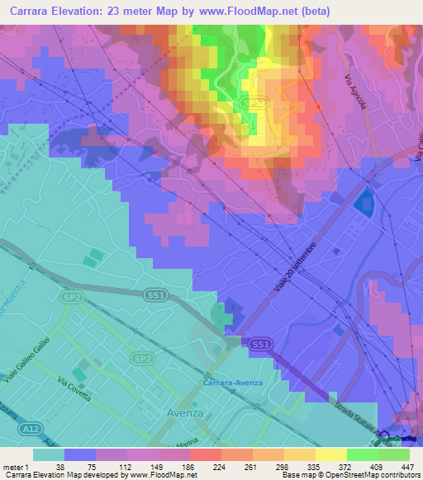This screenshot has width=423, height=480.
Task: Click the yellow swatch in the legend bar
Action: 330,454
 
